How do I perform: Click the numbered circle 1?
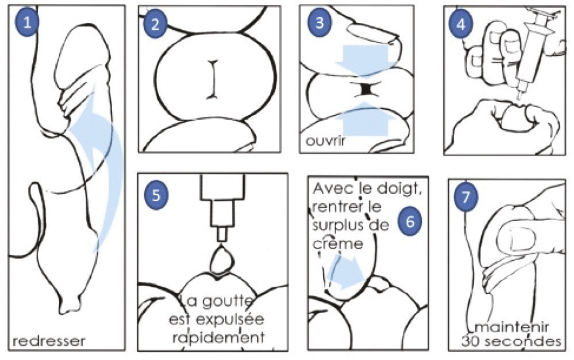pos(27,22)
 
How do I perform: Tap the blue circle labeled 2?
pos(156,24)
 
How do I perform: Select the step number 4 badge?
pos(461,24)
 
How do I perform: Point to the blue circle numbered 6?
pos(410,222)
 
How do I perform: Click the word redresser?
pos(49,341)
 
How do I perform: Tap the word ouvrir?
pos(325,141)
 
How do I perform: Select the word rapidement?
pos(218,337)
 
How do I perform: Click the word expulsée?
pos(230,319)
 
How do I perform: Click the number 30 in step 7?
pos(469,342)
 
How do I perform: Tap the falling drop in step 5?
pos(221,261)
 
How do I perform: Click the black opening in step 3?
pos(365,89)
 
